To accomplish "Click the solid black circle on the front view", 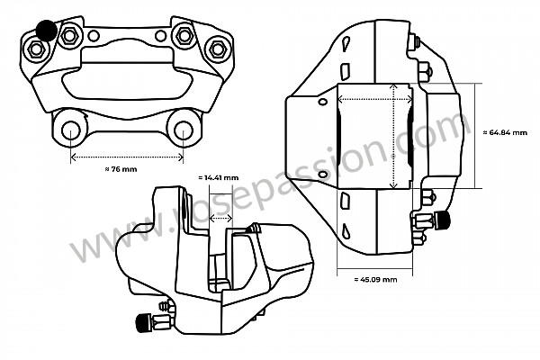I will click(x=46, y=32).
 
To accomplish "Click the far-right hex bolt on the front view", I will click(x=215, y=48).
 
